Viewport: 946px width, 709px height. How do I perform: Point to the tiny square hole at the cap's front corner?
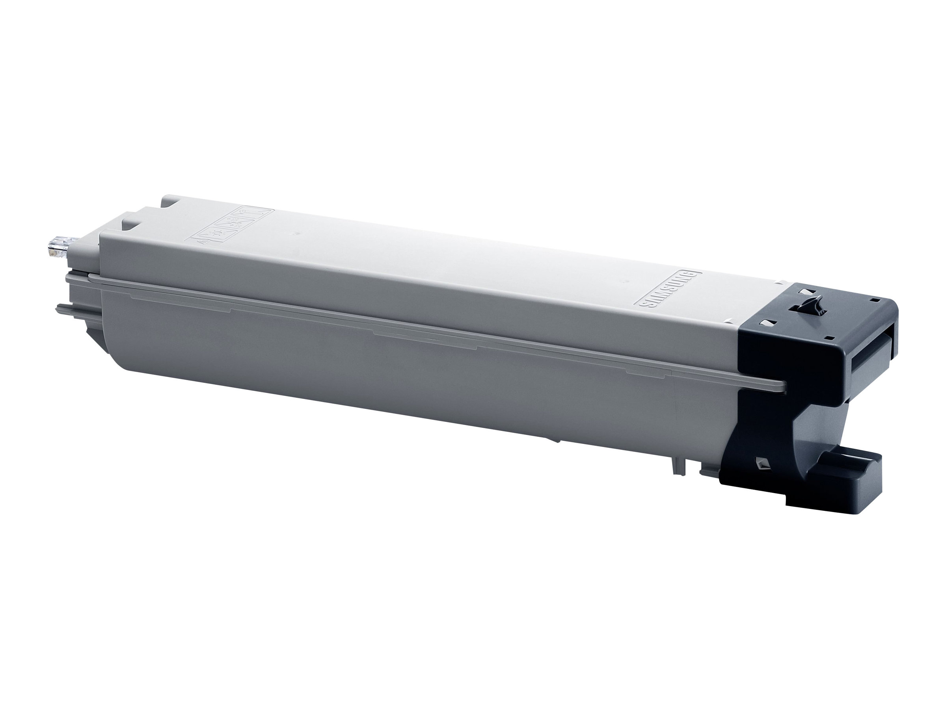[x=830, y=338]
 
